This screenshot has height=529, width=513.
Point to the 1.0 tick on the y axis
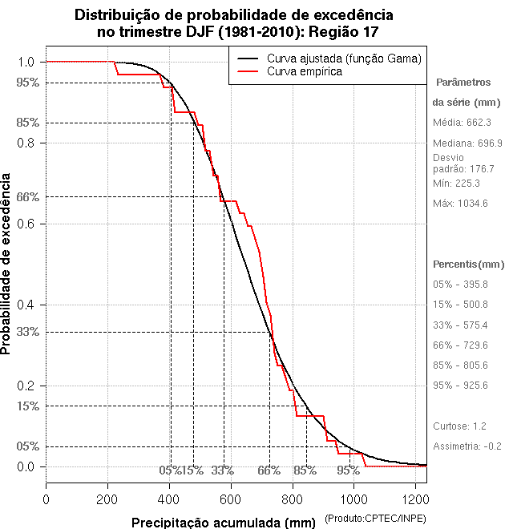tap(26, 62)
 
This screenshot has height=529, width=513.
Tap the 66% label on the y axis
tap(26, 196)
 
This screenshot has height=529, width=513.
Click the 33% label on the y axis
tap(26, 332)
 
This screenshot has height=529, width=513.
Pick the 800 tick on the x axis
tap(293, 499)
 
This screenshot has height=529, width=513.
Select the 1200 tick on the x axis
tap(415, 499)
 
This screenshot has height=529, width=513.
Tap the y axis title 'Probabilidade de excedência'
tap(7, 264)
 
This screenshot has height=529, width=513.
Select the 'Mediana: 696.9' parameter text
tap(467, 143)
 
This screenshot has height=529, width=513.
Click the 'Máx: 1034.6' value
tap(460, 204)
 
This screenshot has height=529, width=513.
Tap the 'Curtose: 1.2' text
tap(460, 426)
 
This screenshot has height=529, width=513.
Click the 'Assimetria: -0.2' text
tap(467, 446)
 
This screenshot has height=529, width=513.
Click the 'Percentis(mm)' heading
tap(469, 264)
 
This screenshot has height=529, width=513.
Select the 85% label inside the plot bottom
tap(305, 470)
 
